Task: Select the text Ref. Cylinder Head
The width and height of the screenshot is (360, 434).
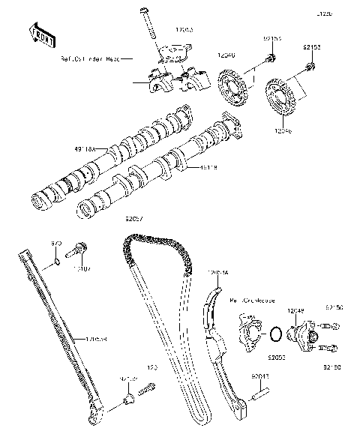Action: [x=89, y=57]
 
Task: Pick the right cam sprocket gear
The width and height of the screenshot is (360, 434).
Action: [x=280, y=100]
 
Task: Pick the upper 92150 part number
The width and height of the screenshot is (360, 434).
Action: [x=335, y=307]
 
